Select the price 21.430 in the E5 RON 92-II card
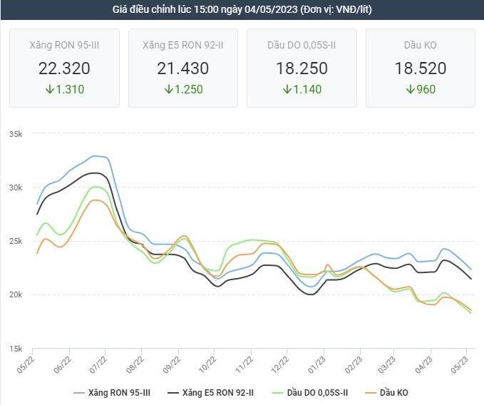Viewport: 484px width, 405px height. coord(182,68)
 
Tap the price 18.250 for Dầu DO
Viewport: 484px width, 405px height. coord(302,68)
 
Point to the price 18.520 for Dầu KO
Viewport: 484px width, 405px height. coord(421,68)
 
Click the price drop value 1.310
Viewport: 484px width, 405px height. coord(69,90)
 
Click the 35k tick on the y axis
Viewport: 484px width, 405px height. coord(16,134)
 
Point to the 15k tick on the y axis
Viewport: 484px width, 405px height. coord(16,349)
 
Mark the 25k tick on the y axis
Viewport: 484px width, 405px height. coord(16,241)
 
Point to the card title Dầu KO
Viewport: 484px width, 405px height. coord(421,46)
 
